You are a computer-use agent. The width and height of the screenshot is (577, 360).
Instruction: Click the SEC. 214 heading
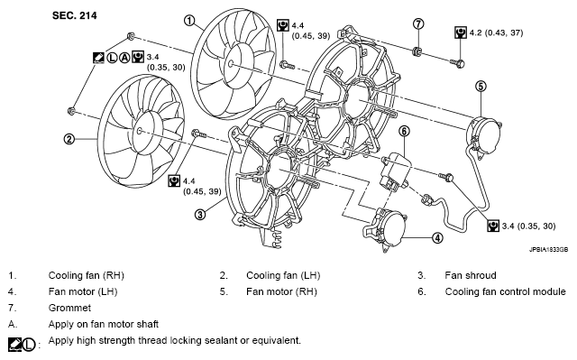click(x=74, y=15)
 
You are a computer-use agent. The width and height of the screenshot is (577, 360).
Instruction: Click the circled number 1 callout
click(x=189, y=20)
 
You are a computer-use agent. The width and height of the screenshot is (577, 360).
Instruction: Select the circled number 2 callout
click(x=69, y=139)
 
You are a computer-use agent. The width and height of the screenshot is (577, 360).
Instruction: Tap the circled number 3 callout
click(x=200, y=214)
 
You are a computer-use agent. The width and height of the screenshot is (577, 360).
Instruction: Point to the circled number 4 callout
click(x=437, y=238)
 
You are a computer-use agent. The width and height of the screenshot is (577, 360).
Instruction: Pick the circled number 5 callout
click(x=481, y=87)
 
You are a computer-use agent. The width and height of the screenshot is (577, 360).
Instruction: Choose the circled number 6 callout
click(x=404, y=131)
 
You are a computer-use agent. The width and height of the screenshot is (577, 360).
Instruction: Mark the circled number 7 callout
click(x=418, y=24)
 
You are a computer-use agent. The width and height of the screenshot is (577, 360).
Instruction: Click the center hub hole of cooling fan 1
click(x=231, y=64)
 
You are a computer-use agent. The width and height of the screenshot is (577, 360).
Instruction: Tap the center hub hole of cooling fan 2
click(x=139, y=131)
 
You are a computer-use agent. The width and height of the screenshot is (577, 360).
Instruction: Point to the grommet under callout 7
click(x=417, y=51)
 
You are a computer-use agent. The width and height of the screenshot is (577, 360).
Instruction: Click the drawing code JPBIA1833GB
click(x=548, y=250)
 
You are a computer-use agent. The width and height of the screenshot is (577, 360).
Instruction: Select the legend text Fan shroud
click(x=471, y=275)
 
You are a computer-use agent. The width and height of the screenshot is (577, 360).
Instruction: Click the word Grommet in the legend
click(x=69, y=308)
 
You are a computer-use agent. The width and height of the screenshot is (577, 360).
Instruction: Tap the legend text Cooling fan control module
click(x=505, y=291)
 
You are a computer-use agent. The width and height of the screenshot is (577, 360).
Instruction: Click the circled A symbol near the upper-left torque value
click(x=125, y=58)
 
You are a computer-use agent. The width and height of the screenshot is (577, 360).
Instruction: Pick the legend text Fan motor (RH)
click(x=281, y=291)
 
